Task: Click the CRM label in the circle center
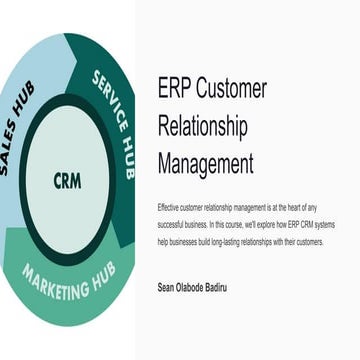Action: pyautogui.click(x=68, y=182)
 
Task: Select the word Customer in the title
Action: pyautogui.click(x=233, y=89)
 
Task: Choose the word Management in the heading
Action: pyautogui.click(x=206, y=162)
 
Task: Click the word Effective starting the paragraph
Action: pyautogui.click(x=170, y=206)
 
